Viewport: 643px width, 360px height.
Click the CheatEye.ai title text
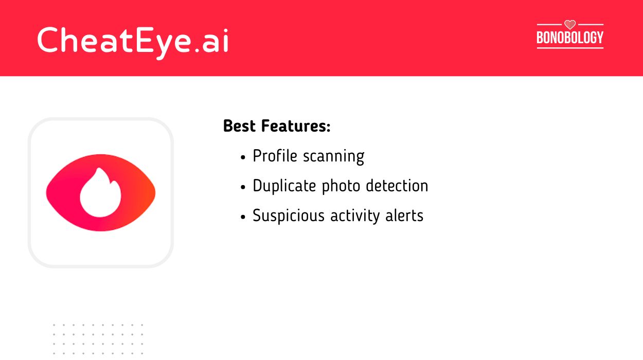click(x=133, y=40)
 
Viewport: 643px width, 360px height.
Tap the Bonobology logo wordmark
click(x=570, y=38)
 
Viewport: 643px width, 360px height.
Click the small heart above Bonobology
click(x=570, y=24)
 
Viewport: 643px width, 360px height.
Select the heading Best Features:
click(x=276, y=126)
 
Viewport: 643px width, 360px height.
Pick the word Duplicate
click(x=284, y=186)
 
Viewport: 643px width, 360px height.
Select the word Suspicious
click(x=289, y=215)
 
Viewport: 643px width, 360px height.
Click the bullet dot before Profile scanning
click(x=243, y=157)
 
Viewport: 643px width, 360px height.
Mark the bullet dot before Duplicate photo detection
click(x=243, y=187)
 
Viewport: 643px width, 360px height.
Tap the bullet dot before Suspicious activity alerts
click(x=243, y=217)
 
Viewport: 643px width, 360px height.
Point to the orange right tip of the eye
click(x=151, y=192)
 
